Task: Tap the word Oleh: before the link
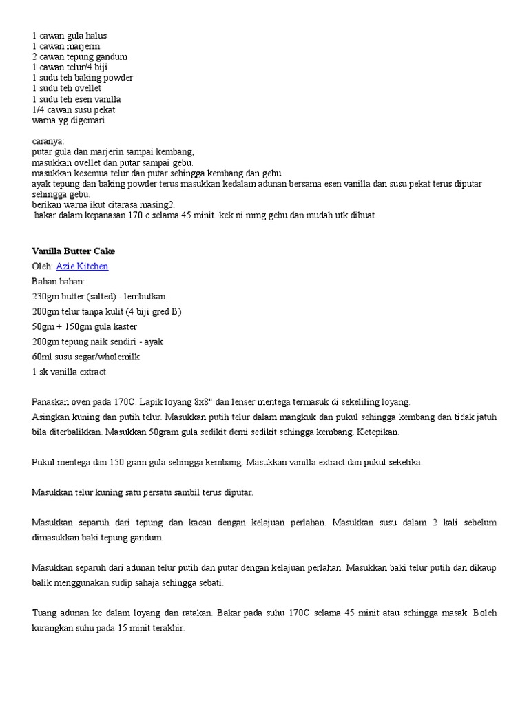coord(42,266)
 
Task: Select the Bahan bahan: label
coord(58,281)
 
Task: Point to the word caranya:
coord(48,141)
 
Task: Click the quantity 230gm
coord(45,296)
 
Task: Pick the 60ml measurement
coord(41,357)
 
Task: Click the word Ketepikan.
coord(377,432)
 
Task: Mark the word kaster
coord(125,326)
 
